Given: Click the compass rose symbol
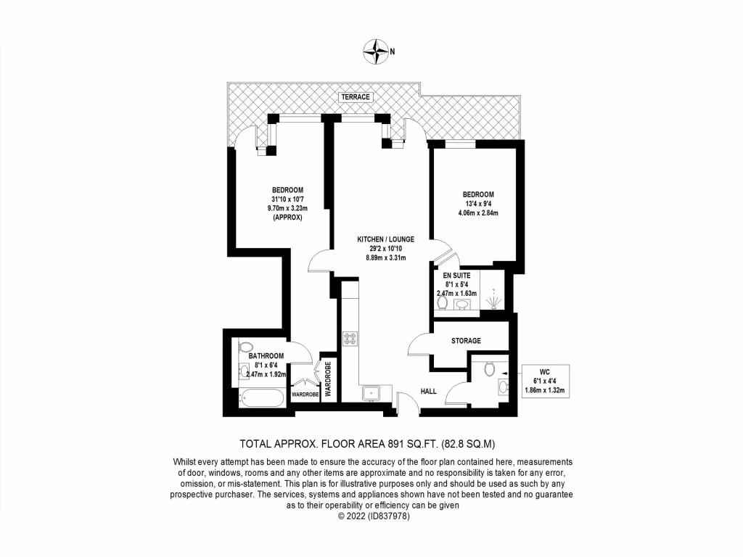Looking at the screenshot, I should (x=377, y=50).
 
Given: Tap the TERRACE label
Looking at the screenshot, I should (x=357, y=97).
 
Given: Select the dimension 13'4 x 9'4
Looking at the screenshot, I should (x=479, y=204).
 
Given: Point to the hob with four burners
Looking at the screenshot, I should (x=350, y=338).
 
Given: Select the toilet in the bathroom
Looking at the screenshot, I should (x=245, y=347).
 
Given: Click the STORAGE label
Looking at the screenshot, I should (x=466, y=341).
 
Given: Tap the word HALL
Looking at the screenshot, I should (x=429, y=392).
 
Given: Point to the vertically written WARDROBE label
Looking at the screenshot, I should (x=328, y=379).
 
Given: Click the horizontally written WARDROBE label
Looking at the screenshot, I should (x=305, y=395).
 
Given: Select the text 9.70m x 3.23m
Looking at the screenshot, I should (x=284, y=208).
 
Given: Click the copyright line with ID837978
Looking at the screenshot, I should (x=374, y=516).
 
